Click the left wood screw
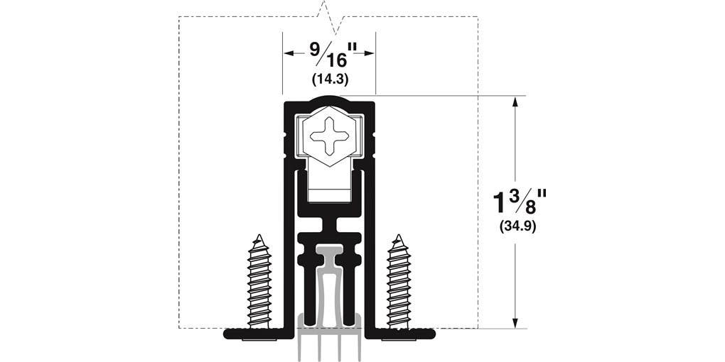click(x=259, y=284)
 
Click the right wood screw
click(x=399, y=284)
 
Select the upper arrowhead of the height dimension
click(x=515, y=102)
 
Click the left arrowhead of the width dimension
click(x=289, y=53)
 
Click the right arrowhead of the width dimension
click(x=369, y=53)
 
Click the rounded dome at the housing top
click(x=329, y=99)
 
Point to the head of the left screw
click(x=259, y=338)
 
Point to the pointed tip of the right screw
click(x=399, y=236)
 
